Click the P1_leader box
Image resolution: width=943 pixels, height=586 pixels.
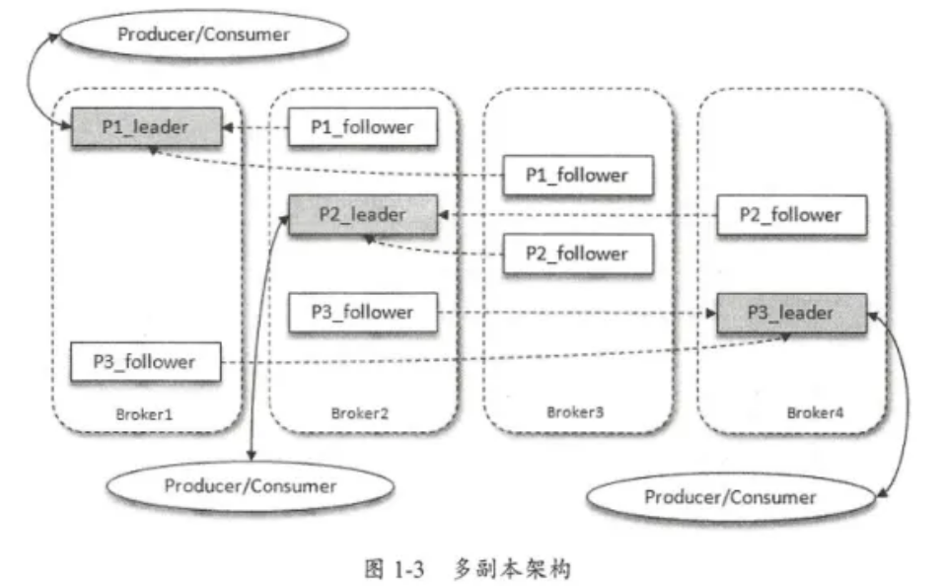[x=146, y=127]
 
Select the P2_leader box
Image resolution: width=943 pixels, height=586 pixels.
[x=363, y=214]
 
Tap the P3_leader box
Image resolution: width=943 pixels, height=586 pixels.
[x=792, y=313]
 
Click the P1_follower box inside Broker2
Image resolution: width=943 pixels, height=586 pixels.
[x=363, y=127]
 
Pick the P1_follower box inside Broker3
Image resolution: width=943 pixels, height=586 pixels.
[x=577, y=176]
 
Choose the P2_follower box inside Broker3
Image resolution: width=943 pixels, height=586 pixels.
[x=577, y=254]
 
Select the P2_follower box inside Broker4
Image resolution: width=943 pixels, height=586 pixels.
[x=792, y=215]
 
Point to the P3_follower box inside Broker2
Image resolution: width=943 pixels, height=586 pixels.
[x=363, y=313]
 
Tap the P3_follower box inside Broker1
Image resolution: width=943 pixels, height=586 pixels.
[x=145, y=362]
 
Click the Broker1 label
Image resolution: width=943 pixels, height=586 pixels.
[x=145, y=413]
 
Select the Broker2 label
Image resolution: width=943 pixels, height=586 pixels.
[x=361, y=413]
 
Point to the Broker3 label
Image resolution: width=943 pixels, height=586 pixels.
[x=576, y=413]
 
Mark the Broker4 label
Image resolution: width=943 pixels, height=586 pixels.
[x=816, y=413]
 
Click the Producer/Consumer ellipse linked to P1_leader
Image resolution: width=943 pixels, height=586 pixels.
[x=204, y=34]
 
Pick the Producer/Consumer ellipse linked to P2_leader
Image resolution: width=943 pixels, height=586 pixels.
[x=251, y=485]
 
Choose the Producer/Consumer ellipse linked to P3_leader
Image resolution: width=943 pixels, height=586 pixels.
[x=731, y=496]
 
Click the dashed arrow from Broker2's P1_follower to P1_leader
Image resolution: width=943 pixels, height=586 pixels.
[x=254, y=128]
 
